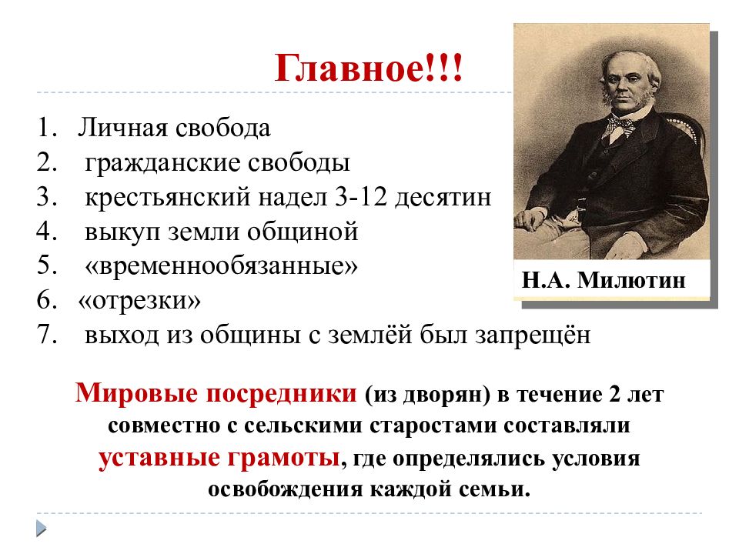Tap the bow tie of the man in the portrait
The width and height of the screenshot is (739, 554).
point(620,126)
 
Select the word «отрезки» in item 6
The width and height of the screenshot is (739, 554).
point(139,301)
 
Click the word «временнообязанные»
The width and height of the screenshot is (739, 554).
point(222,266)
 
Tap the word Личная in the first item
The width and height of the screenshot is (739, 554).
point(115,128)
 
